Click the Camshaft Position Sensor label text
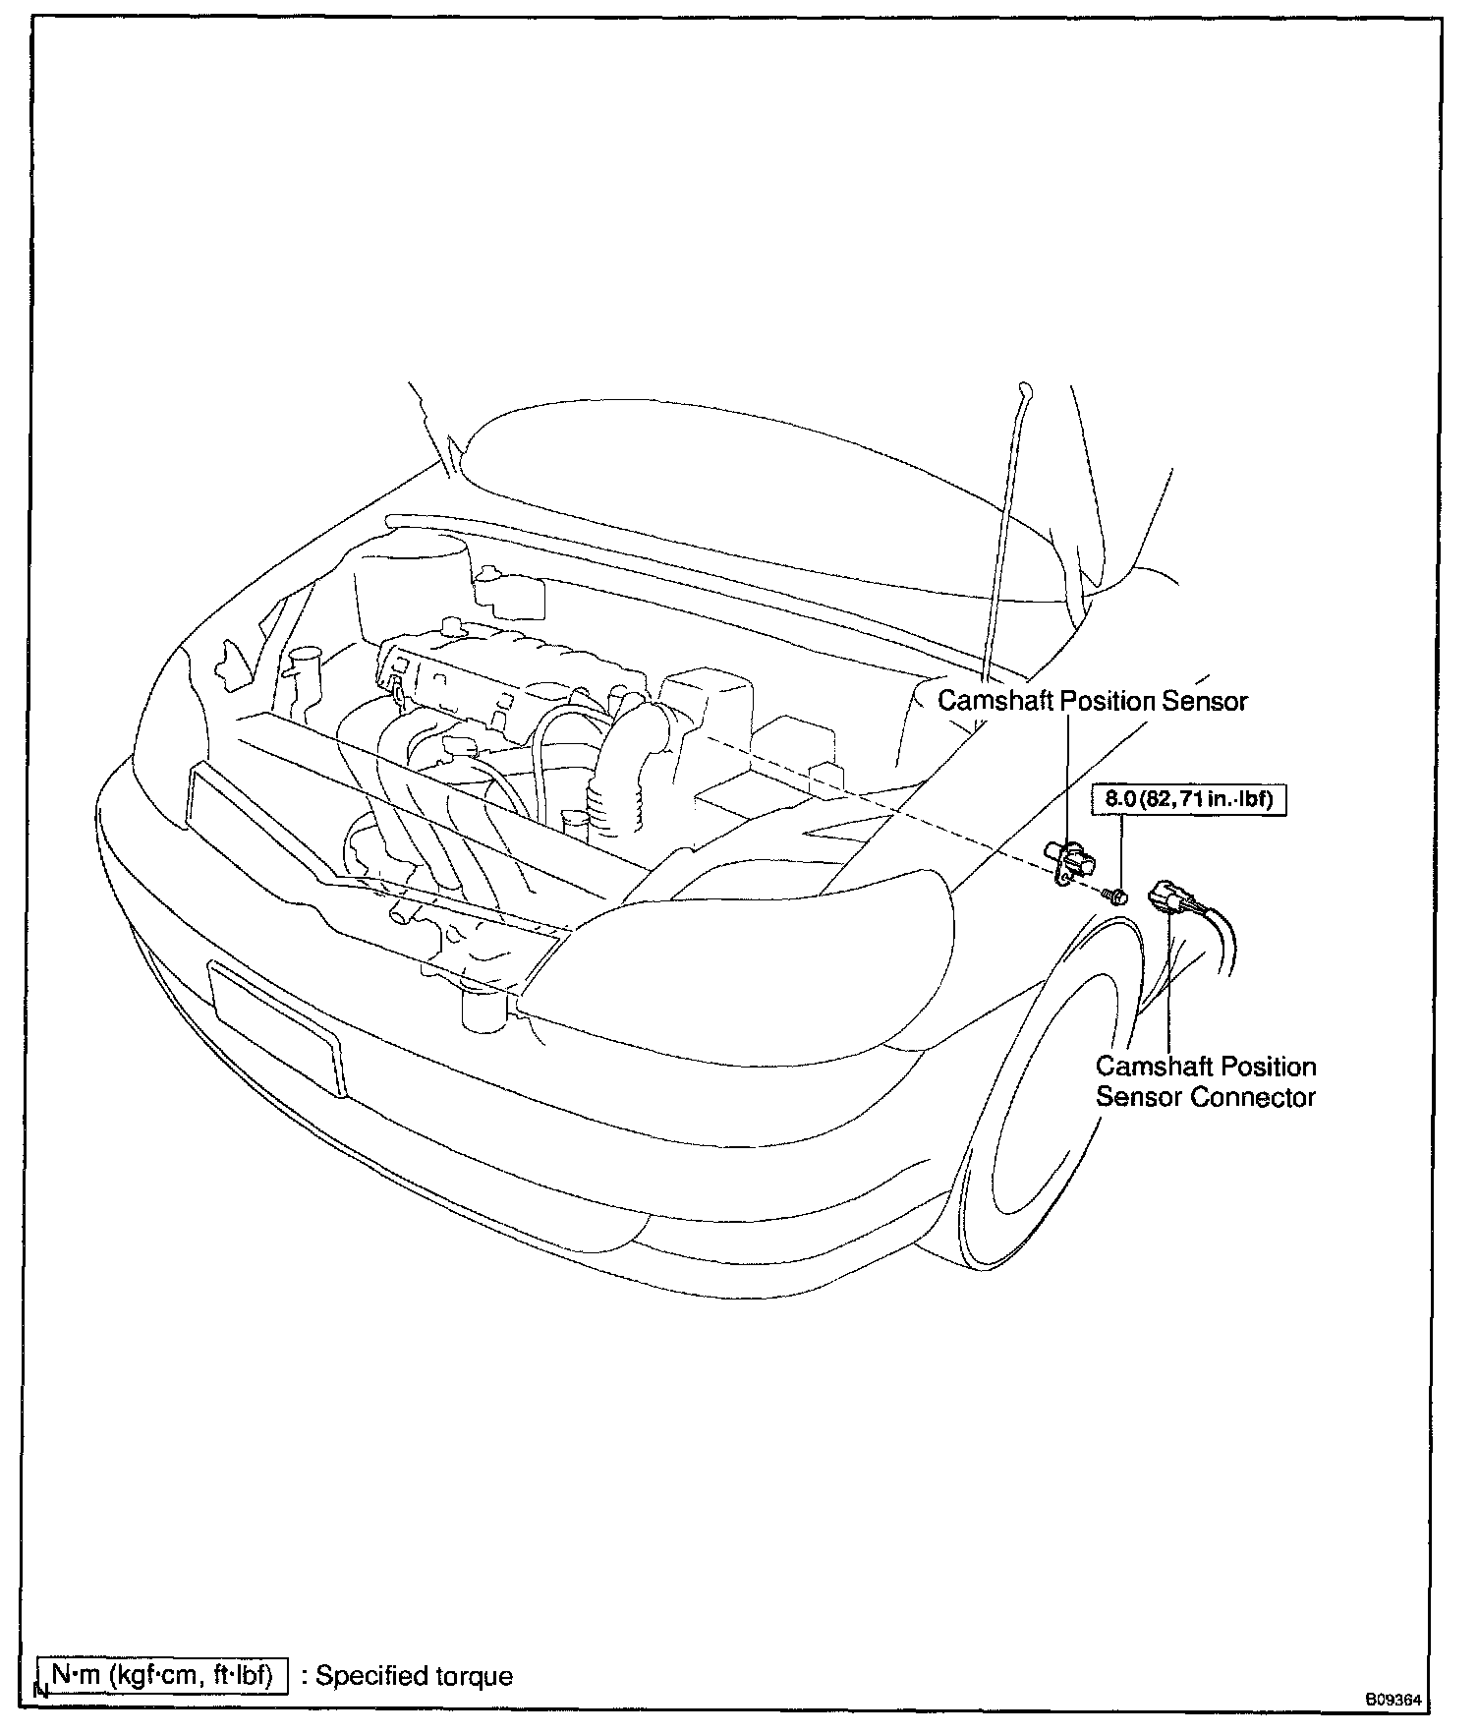(1092, 701)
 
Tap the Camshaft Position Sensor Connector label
(1206, 1081)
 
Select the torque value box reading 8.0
(1189, 799)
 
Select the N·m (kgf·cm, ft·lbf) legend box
(162, 1674)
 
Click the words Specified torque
(414, 1676)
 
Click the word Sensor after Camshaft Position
(1205, 701)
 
